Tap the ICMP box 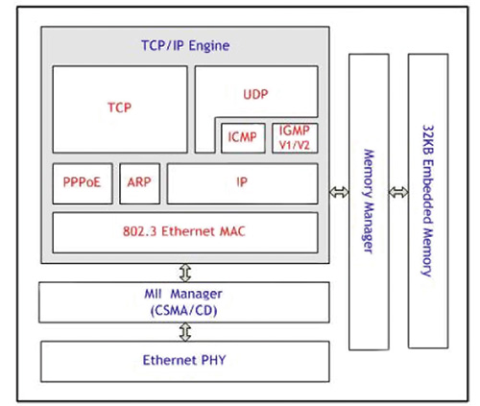pyautogui.click(x=243, y=137)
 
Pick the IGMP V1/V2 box pyautogui.click(x=294, y=137)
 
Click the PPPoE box pyautogui.click(x=83, y=182)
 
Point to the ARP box pyautogui.click(x=138, y=182)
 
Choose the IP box pyautogui.click(x=242, y=182)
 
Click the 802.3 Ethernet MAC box pyautogui.click(x=185, y=231)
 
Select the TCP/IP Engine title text pyautogui.click(x=179, y=45)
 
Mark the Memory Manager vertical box pyautogui.click(x=369, y=202)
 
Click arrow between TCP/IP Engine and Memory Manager pyautogui.click(x=337, y=193)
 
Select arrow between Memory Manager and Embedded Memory pyautogui.click(x=398, y=193)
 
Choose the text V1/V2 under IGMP pyautogui.click(x=294, y=144)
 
